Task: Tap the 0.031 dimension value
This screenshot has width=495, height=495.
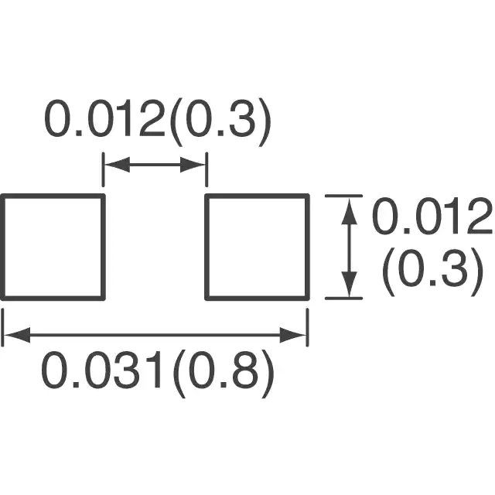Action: (x=102, y=370)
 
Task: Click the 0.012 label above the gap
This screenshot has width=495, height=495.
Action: (x=105, y=118)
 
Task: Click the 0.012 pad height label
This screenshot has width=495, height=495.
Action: (x=432, y=216)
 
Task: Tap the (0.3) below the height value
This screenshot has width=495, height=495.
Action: (x=433, y=271)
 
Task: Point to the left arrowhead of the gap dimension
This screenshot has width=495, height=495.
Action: (x=117, y=165)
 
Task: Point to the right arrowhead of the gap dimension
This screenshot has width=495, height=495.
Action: (x=193, y=165)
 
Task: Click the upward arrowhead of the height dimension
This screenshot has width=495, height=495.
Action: (x=349, y=210)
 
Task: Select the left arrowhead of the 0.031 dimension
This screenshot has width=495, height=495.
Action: (x=17, y=335)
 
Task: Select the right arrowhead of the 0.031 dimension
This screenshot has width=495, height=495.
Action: (x=293, y=335)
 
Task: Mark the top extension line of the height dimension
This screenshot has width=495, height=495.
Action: (x=343, y=196)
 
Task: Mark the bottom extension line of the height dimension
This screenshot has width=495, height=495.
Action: (x=343, y=298)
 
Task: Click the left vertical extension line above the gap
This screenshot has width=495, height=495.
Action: (x=103, y=169)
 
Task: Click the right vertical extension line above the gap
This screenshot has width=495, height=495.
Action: (x=207, y=169)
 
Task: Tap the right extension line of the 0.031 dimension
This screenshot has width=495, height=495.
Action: (x=308, y=327)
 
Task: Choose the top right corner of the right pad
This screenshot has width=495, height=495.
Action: (x=308, y=196)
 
